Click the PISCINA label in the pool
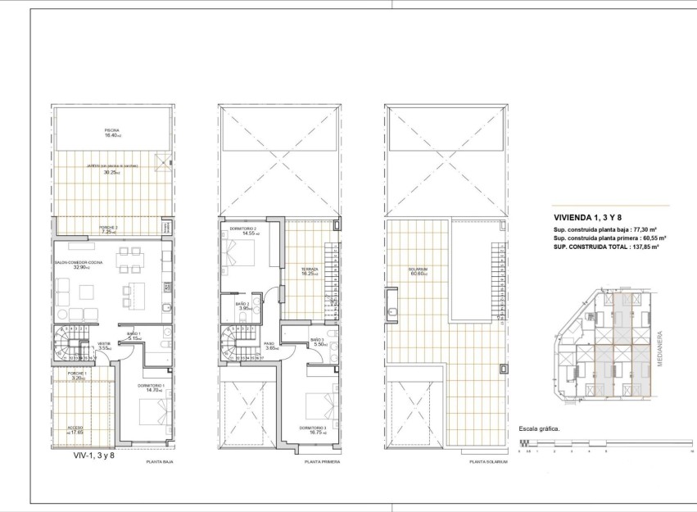click(112, 129)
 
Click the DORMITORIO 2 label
click(242, 229)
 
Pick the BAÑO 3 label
click(319, 340)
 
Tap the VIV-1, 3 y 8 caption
click(94, 455)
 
